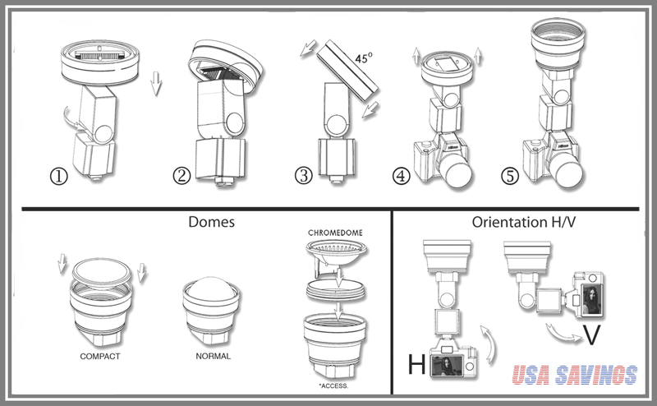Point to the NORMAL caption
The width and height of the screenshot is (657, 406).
(213, 357)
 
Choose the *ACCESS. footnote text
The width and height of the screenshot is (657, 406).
(334, 384)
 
